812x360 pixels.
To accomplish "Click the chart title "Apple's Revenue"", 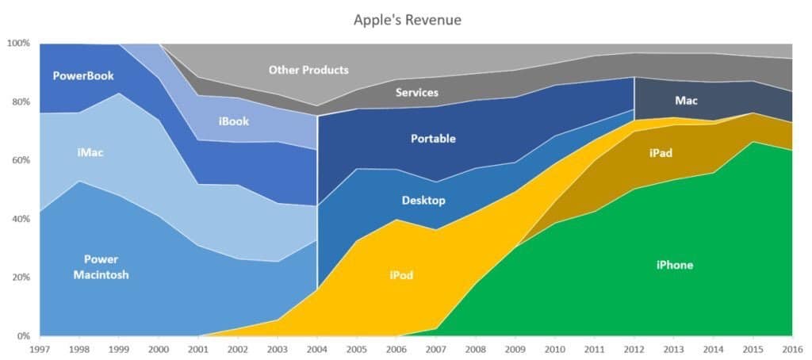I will [407, 20].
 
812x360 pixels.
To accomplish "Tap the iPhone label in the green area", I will [674, 265].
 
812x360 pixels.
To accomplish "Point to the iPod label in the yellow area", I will [400, 275].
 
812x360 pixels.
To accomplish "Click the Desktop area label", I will [423, 201].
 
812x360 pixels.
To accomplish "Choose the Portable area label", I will [433, 139].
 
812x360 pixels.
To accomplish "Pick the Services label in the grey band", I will [416, 93].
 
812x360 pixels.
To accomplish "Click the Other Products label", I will [308, 70].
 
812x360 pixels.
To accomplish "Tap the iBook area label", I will [234, 121].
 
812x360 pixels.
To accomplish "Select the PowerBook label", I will [83, 76].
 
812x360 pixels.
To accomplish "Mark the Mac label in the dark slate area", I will [686, 101].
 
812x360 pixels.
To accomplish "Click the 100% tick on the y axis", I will [18, 43].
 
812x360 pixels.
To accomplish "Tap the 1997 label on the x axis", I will [40, 347].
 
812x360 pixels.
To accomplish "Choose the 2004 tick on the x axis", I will [317, 347].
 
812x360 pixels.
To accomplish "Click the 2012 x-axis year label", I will [634, 347].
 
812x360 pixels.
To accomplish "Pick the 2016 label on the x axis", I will [791, 347].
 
